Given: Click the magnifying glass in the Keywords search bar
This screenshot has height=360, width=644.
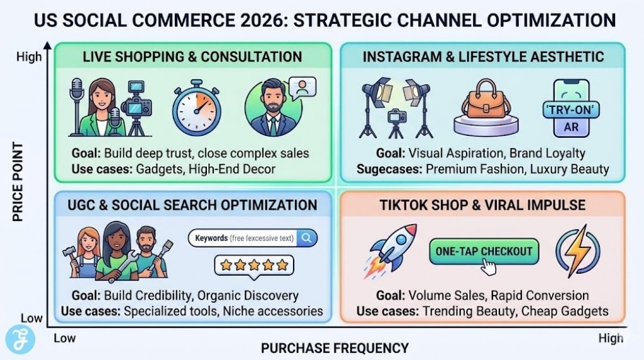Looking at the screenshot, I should pyautogui.click(x=307, y=238).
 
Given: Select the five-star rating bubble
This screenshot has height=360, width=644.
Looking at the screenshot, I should pyautogui.click(x=255, y=265).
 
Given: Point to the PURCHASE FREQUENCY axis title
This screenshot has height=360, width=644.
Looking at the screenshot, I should pyautogui.click(x=335, y=347).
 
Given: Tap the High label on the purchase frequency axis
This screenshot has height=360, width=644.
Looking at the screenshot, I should pyautogui.click(x=611, y=338).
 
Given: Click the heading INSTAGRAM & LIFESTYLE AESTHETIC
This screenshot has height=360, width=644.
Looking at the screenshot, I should pyautogui.click(x=483, y=57).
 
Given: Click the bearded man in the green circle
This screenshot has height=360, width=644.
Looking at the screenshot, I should pyautogui.click(x=272, y=109).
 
